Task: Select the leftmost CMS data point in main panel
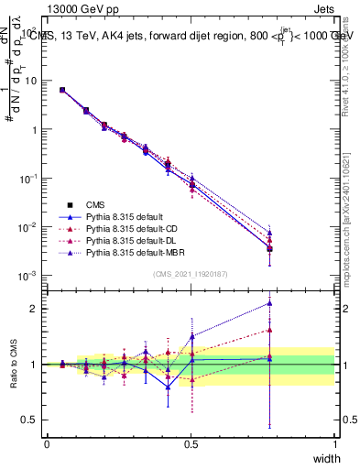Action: [61, 90]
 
